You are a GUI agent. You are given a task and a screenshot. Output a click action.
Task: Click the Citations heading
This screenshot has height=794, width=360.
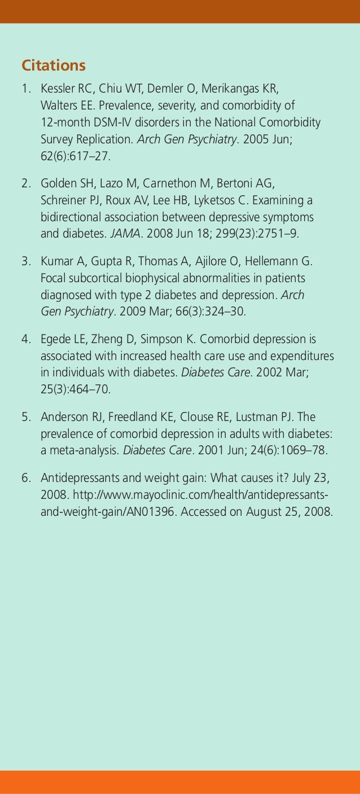[54, 66]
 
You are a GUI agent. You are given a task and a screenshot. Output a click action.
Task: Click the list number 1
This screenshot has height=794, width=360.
[25, 90]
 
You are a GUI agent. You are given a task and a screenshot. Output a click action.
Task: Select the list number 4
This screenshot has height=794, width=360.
[25, 340]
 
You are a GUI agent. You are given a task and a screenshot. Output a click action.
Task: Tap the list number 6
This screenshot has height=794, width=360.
[25, 479]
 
